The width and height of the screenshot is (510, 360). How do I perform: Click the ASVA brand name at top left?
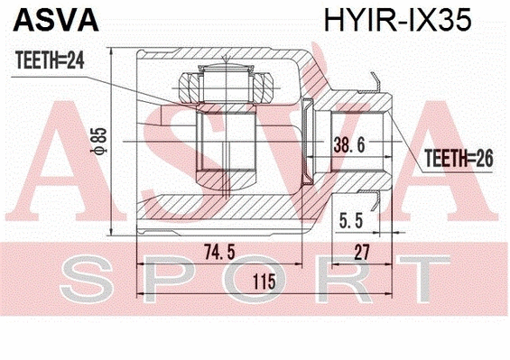pos(42,21)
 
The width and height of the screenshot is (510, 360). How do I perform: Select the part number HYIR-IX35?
pos(393,21)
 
